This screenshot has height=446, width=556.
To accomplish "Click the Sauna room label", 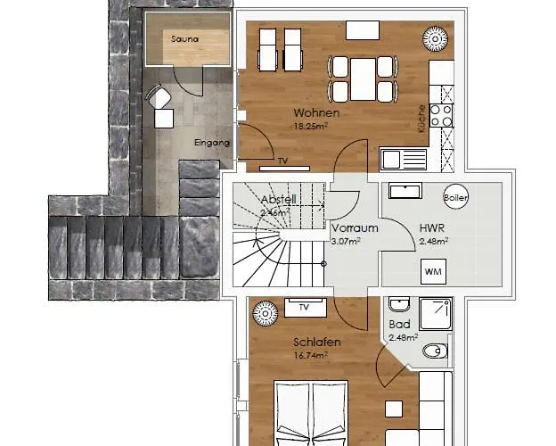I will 185,39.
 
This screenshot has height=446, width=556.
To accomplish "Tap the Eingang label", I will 212,143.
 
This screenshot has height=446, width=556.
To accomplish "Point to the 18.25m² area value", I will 311,126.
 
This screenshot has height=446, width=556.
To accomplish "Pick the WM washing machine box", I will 434,270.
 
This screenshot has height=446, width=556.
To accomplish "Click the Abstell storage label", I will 278,200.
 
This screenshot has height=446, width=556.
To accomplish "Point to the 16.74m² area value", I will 311,354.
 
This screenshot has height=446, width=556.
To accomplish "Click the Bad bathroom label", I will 398,324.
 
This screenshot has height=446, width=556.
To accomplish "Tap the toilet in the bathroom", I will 435,350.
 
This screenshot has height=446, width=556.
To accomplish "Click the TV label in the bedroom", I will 304,308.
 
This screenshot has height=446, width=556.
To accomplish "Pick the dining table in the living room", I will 364,78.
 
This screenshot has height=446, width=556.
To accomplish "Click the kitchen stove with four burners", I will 442,115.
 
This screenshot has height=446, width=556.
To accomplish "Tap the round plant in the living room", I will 437,40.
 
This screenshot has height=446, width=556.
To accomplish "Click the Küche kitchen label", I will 421,119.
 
